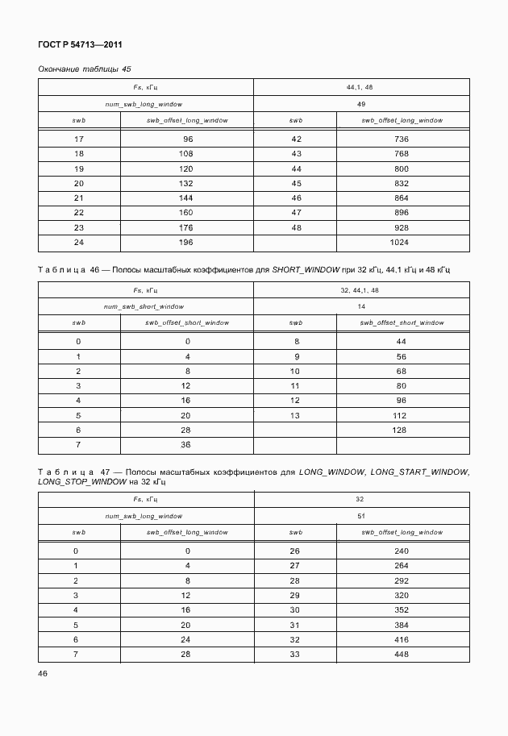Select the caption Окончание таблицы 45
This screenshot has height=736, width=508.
click(x=85, y=69)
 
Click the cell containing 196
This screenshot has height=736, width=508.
click(x=187, y=242)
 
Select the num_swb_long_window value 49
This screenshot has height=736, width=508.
click(x=360, y=104)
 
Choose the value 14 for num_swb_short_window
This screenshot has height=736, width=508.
click(x=360, y=306)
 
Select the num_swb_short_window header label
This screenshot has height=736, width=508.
click(x=144, y=306)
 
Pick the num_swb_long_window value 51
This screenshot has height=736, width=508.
click(x=360, y=516)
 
